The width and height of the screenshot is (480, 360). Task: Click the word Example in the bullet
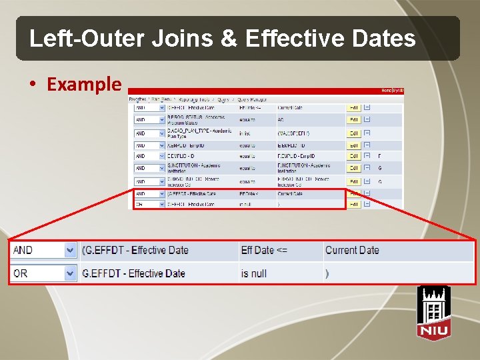[84, 85]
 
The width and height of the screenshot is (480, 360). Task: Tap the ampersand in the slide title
[229, 39]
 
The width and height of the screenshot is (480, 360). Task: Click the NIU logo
[433, 312]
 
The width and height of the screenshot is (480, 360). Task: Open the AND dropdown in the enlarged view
[70, 250]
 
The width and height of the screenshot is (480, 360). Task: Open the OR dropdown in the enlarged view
[70, 273]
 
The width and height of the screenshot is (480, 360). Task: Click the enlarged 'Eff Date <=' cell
[265, 250]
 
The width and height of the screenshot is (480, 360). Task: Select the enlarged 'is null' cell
[254, 273]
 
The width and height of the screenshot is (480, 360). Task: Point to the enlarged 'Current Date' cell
[352, 250]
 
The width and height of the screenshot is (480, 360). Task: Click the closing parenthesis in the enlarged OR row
[327, 273]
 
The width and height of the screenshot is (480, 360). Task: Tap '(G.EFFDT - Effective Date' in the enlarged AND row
[135, 250]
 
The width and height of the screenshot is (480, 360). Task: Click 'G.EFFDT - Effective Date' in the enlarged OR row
[133, 273]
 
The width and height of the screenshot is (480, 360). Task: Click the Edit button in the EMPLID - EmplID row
[353, 145]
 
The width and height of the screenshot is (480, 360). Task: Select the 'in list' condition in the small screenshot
[246, 133]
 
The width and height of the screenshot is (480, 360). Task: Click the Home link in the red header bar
[386, 90]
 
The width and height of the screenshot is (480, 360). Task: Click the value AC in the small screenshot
[281, 120]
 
